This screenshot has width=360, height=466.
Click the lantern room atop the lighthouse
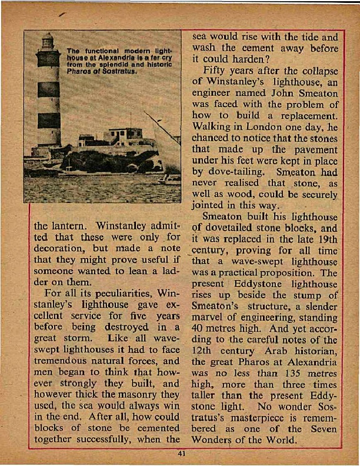point(47,42)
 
